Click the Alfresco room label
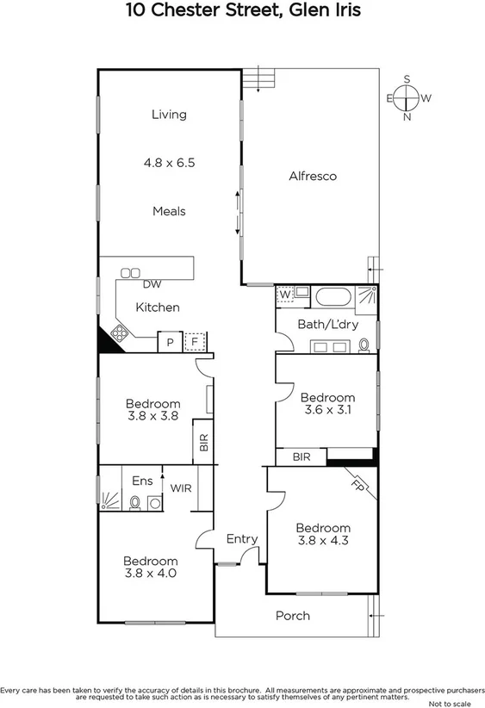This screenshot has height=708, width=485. (x=312, y=177)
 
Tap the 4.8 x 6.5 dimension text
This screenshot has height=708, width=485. (x=169, y=162)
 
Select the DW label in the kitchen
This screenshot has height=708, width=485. (x=152, y=284)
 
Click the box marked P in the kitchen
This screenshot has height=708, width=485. (x=170, y=342)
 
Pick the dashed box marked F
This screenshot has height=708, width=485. (x=197, y=342)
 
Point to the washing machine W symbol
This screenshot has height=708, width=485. (x=284, y=295)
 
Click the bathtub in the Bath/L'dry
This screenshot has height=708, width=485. (x=333, y=298)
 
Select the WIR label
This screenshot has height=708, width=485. (x=181, y=488)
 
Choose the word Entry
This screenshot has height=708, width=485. (x=242, y=539)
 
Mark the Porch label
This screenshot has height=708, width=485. (x=292, y=616)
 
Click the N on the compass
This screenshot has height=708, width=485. (x=407, y=118)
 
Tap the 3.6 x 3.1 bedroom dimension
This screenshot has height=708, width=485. (x=326, y=410)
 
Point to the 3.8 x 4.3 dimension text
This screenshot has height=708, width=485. (x=323, y=541)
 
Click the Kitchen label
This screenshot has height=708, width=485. (x=158, y=307)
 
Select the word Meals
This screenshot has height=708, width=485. (x=169, y=211)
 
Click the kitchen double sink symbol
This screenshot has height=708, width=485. (x=131, y=273)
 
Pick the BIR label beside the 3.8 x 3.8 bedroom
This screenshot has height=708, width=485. (x=204, y=443)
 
